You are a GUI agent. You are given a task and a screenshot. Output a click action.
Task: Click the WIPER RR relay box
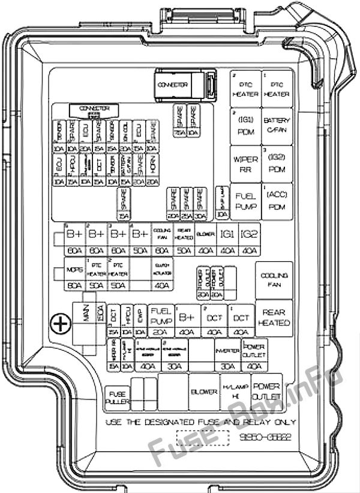coord(245,163)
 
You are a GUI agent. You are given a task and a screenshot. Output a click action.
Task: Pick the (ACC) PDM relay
coord(277,201)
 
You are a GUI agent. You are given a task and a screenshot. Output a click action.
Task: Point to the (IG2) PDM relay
coord(277,163)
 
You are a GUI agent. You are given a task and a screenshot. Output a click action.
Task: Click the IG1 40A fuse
coord(227,240)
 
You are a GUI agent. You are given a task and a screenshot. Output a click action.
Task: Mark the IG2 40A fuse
coord(248,240)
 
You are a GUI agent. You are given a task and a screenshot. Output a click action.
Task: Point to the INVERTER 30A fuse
coord(227,355)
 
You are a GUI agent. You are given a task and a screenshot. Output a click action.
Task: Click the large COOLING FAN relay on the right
coord(274,280)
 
